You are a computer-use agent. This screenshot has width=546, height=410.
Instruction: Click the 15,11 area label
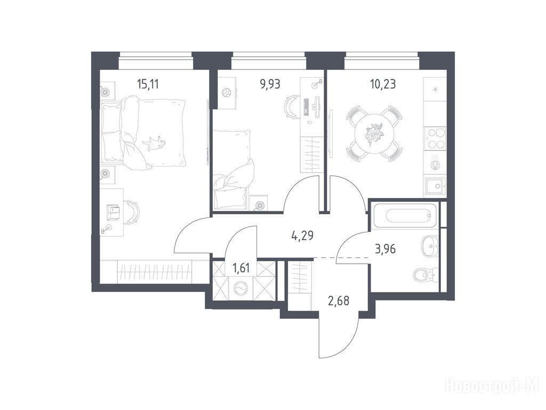coord(148,84)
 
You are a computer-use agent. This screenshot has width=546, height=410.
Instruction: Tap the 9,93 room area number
coord(270,84)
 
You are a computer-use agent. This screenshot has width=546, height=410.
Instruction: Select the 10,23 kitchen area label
coord(383,84)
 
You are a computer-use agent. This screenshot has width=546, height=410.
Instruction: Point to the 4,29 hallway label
coord(302,235)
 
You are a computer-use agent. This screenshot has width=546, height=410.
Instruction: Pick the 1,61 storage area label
coord(241,269)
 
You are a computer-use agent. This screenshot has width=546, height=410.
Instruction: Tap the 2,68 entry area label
coord(339,300)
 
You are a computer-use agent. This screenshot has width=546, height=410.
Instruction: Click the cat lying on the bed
coord(154,143)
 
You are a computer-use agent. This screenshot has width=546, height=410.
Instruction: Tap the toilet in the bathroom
coord(425,275)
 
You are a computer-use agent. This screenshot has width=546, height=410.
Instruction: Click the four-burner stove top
coord(435,139)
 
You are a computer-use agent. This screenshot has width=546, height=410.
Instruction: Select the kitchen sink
coord(435,187)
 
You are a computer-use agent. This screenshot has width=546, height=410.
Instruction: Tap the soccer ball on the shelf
coord(226,92)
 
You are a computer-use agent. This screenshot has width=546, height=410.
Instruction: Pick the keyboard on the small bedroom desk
coord(307,106)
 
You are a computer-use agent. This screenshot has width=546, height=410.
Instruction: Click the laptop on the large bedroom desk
coord(114,212)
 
